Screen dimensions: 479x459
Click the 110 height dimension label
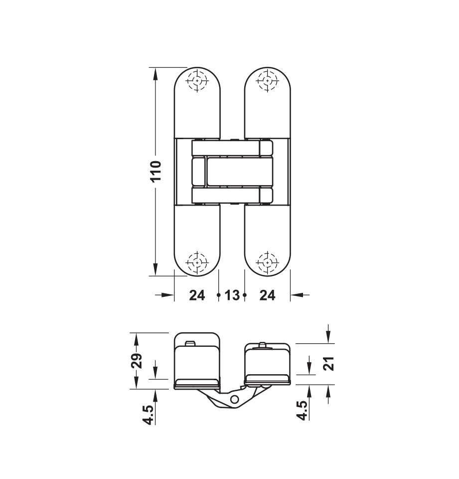tap(156, 171)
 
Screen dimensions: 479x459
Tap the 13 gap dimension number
tap(232, 295)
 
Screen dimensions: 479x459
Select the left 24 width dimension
tap(197, 295)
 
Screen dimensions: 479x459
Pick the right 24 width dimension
tap(267, 295)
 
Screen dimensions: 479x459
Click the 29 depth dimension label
tap(137, 360)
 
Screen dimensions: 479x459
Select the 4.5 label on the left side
tap(148, 414)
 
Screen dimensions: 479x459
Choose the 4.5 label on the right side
tap(302, 410)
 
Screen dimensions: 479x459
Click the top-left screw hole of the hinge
tap(198, 80)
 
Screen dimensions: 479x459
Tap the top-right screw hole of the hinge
tap(268, 80)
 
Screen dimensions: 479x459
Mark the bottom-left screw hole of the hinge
tap(198, 262)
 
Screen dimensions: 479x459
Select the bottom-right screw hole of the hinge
tap(268, 262)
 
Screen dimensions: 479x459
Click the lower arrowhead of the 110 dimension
tap(156, 269)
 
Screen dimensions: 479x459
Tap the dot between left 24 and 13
tap(219, 295)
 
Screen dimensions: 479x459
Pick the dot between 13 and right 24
tap(245, 295)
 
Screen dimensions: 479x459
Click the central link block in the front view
tap(232, 172)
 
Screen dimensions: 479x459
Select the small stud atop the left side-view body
tap(189, 344)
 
